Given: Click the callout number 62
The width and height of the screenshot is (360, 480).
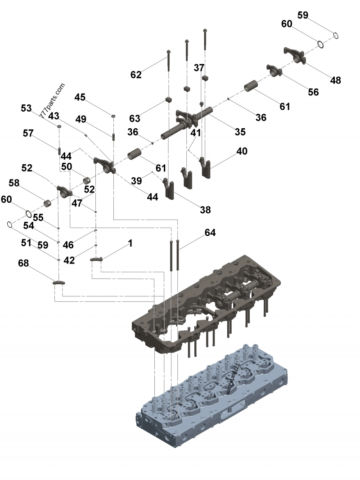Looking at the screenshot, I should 136,75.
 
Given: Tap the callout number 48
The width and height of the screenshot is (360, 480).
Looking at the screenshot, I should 335,80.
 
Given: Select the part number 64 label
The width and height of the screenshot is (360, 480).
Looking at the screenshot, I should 210,233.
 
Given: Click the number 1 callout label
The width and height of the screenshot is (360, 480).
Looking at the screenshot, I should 130,243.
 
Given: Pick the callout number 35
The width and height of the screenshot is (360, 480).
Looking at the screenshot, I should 240,132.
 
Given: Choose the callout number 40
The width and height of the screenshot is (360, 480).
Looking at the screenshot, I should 242,151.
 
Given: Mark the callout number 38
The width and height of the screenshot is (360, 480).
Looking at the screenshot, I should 205,210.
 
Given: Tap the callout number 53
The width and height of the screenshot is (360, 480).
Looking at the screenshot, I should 27,108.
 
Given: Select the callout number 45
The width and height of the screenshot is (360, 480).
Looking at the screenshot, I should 80,97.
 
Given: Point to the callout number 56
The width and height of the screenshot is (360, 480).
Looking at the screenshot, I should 313,92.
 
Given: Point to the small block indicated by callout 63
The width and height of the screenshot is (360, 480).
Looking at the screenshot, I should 168,99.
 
